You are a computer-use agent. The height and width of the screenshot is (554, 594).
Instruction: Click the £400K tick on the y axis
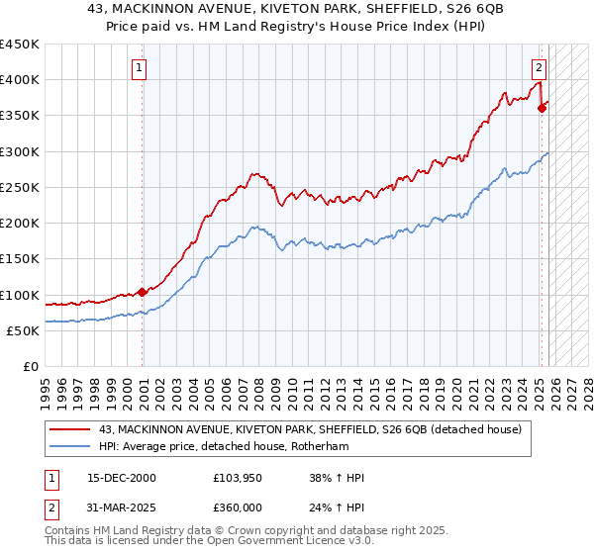19,80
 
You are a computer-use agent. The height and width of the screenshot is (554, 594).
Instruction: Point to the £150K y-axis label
19,259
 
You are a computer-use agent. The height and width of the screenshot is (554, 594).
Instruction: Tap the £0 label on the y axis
30,367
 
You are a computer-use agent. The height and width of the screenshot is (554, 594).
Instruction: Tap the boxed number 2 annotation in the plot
539,68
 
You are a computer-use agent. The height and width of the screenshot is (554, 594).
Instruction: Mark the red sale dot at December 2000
142,292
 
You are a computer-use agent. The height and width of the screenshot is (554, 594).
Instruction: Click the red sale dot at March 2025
542,109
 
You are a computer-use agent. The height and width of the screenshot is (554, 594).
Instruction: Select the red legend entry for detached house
317,428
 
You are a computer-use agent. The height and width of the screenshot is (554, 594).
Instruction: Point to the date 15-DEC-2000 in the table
115,478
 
